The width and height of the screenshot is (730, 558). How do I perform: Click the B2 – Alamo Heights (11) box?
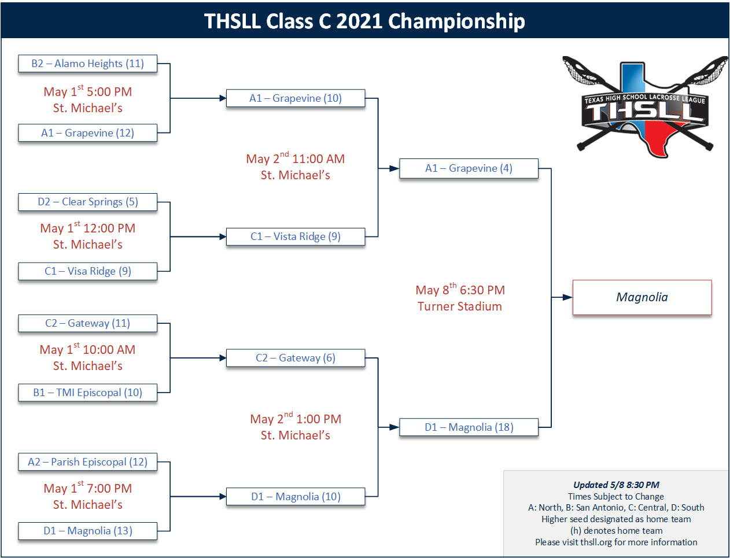click(x=87, y=64)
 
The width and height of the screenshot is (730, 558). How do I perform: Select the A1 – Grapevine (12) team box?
click(x=87, y=133)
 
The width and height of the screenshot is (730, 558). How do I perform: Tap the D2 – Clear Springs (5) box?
click(x=87, y=202)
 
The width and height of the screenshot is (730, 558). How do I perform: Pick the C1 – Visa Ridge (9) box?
click(x=87, y=271)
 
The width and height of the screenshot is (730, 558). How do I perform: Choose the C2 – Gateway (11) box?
click(x=87, y=323)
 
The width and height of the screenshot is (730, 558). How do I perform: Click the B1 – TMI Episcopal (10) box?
click(x=87, y=393)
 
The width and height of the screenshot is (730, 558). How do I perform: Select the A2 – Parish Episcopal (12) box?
click(x=87, y=462)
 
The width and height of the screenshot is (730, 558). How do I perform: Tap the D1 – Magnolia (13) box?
click(x=87, y=531)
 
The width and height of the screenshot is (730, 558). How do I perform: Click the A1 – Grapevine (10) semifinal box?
click(x=295, y=98)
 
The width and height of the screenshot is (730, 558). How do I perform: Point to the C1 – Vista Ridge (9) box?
click(x=295, y=236)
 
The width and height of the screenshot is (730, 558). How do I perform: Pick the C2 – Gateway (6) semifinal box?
click(x=295, y=358)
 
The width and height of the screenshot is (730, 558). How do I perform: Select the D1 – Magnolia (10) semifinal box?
click(x=295, y=497)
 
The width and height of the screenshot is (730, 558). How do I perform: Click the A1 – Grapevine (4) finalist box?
click(x=469, y=168)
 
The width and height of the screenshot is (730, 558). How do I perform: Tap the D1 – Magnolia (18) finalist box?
click(x=469, y=427)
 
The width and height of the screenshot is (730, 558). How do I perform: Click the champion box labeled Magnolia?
click(x=641, y=297)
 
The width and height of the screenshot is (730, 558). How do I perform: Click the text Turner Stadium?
click(x=460, y=306)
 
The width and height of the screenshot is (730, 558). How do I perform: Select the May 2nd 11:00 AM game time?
click(x=295, y=159)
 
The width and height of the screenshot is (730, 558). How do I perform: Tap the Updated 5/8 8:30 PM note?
click(x=616, y=485)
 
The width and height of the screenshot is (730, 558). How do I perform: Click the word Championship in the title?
click(x=456, y=21)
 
